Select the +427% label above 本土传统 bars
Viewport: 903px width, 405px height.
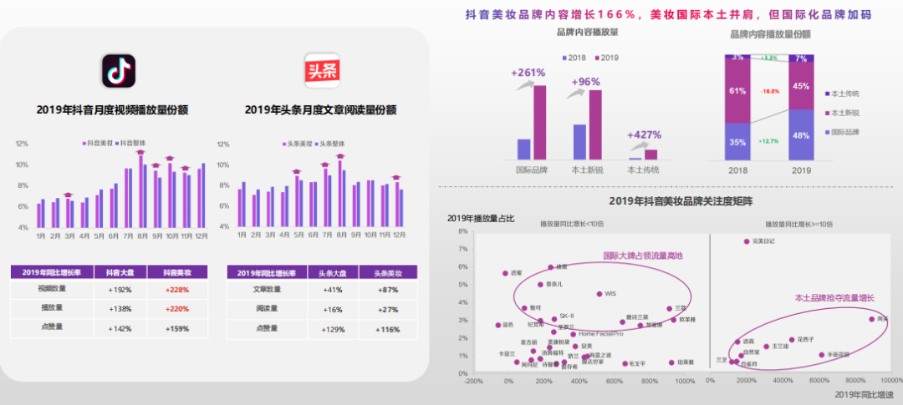pyautogui.click(x=644, y=134)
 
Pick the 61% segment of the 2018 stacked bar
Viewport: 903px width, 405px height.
pyautogui.click(x=737, y=91)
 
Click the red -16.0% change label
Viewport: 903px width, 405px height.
pyautogui.click(x=769, y=91)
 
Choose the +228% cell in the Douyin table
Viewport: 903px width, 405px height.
pyautogui.click(x=178, y=289)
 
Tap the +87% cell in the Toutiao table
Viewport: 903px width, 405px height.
pyautogui.click(x=388, y=289)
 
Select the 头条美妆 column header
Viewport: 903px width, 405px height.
pyautogui.click(x=388, y=273)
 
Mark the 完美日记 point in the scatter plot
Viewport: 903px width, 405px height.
pyautogui.click(x=747, y=241)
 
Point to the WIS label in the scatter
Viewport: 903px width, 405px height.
pyautogui.click(x=610, y=294)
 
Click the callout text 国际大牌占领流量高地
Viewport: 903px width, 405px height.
pyautogui.click(x=643, y=256)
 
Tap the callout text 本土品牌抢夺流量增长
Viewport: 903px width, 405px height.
pyautogui.click(x=834, y=297)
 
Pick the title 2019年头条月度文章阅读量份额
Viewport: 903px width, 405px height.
pyautogui.click(x=320, y=109)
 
